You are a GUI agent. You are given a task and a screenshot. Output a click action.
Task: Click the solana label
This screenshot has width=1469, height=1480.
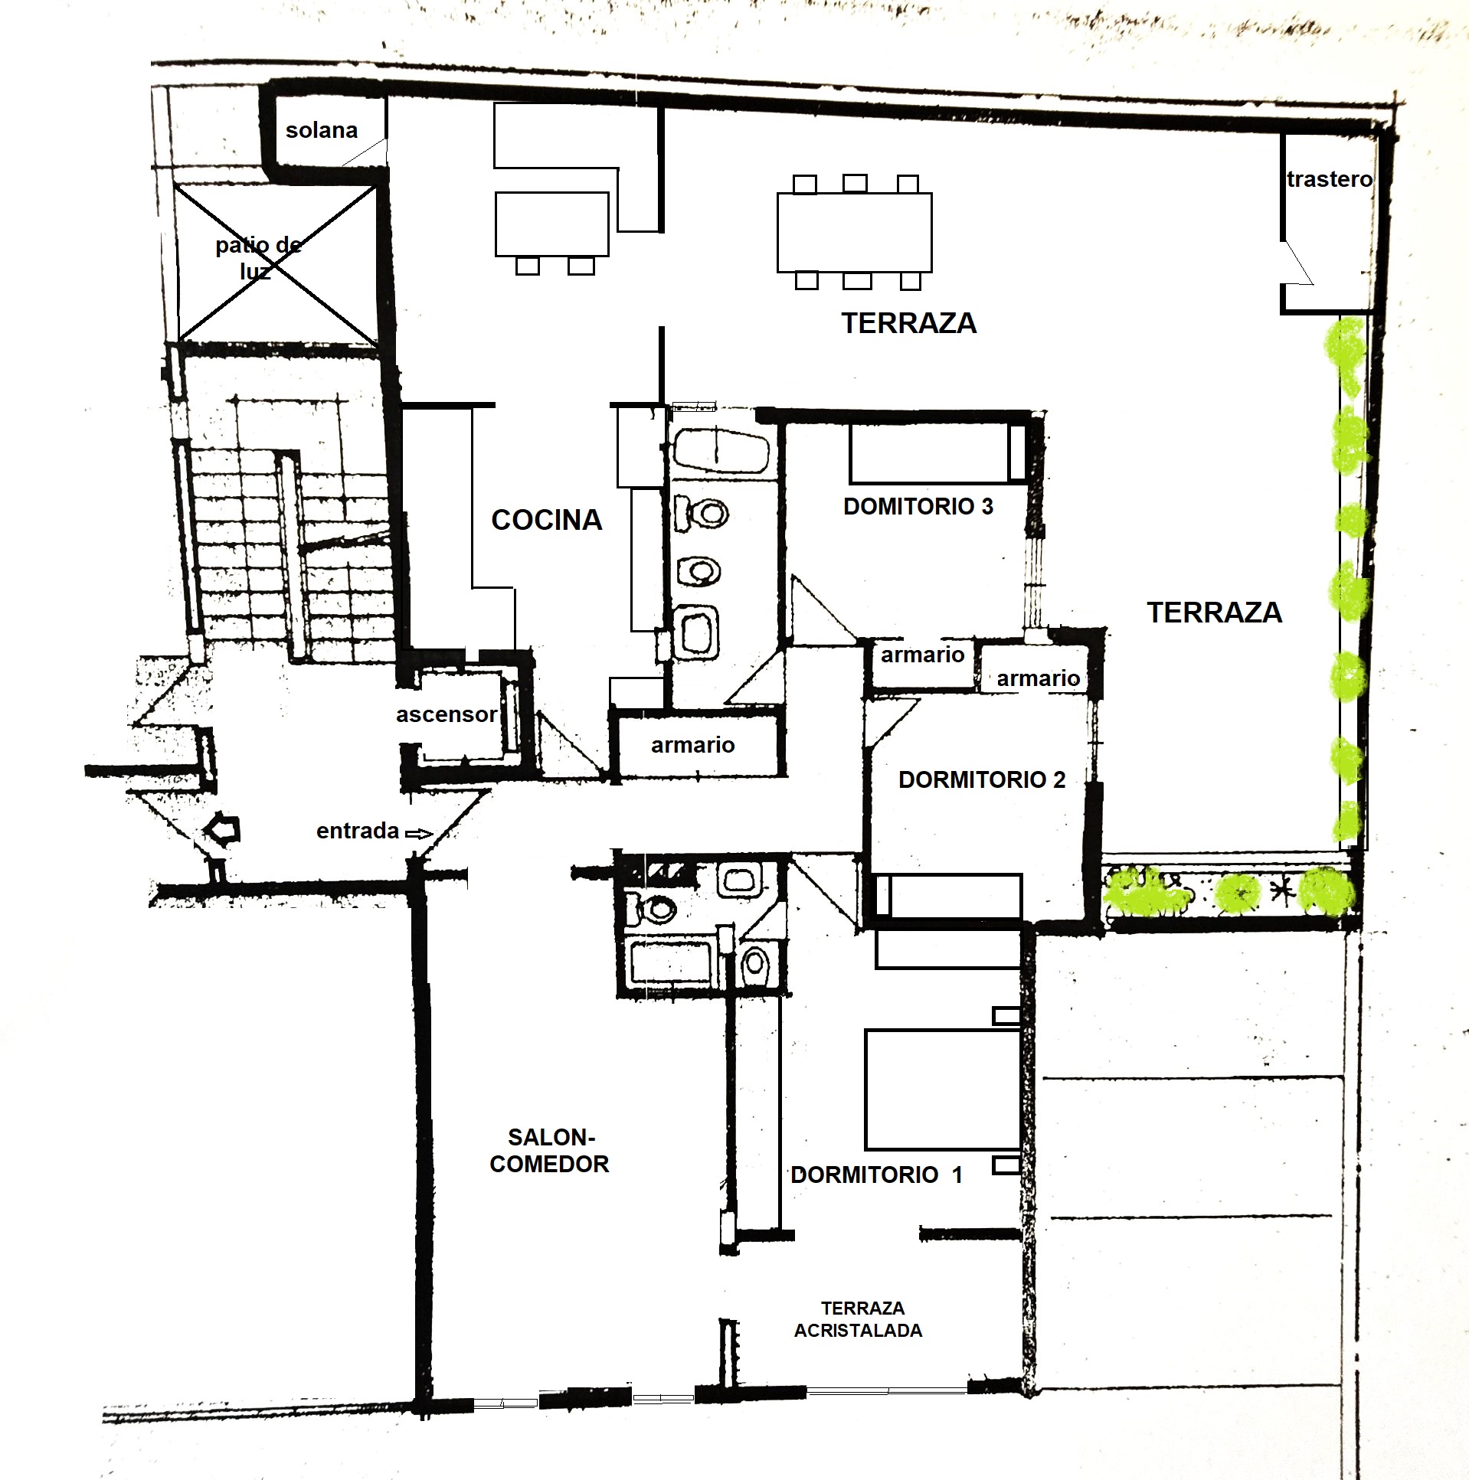click(321, 130)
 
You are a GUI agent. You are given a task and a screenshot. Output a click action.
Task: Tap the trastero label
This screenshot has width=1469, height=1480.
click(1330, 179)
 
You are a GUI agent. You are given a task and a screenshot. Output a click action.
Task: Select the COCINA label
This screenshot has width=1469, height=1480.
click(546, 520)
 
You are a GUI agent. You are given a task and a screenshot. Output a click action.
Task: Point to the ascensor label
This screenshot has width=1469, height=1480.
click(446, 714)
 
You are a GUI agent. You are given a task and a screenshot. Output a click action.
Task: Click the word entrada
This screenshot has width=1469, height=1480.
click(358, 831)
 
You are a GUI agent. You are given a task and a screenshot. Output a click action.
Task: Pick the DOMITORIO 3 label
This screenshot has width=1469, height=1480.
click(918, 506)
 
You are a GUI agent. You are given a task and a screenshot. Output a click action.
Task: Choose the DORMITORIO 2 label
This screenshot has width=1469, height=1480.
click(982, 780)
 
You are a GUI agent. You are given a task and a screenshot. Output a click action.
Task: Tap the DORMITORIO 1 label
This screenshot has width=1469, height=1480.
click(876, 1175)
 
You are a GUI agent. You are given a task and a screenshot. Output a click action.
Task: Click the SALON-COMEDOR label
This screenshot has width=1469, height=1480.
click(549, 1151)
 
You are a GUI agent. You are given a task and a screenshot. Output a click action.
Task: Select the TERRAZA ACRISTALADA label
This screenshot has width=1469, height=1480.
click(859, 1319)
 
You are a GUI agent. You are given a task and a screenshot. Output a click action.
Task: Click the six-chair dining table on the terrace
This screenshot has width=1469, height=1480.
click(855, 232)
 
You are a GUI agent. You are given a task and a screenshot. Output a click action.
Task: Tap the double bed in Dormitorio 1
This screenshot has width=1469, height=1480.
click(943, 1090)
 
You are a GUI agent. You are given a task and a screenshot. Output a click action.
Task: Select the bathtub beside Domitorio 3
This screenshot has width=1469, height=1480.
click(720, 452)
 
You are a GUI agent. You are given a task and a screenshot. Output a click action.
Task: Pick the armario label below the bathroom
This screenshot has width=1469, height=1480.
click(692, 745)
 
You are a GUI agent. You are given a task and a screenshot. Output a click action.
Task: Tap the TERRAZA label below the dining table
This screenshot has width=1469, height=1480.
click(909, 323)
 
